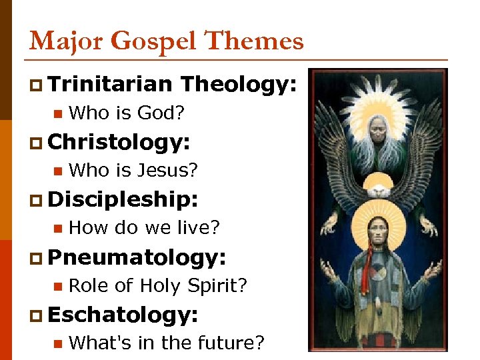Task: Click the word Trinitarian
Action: (x=110, y=84)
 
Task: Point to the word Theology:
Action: (x=238, y=84)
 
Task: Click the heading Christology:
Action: (x=119, y=141)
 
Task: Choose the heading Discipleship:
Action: (x=124, y=199)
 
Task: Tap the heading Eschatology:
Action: (x=123, y=313)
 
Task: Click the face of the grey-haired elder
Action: (x=377, y=126)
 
